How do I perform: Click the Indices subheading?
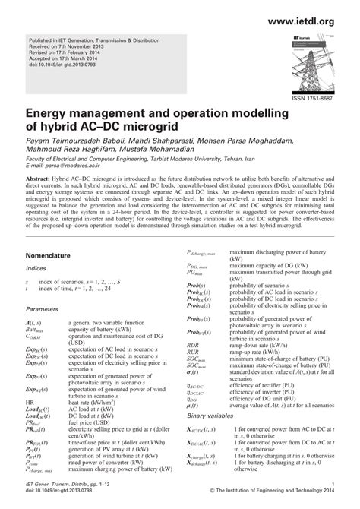point(36,268)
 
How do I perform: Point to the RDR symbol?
point(193,345)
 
